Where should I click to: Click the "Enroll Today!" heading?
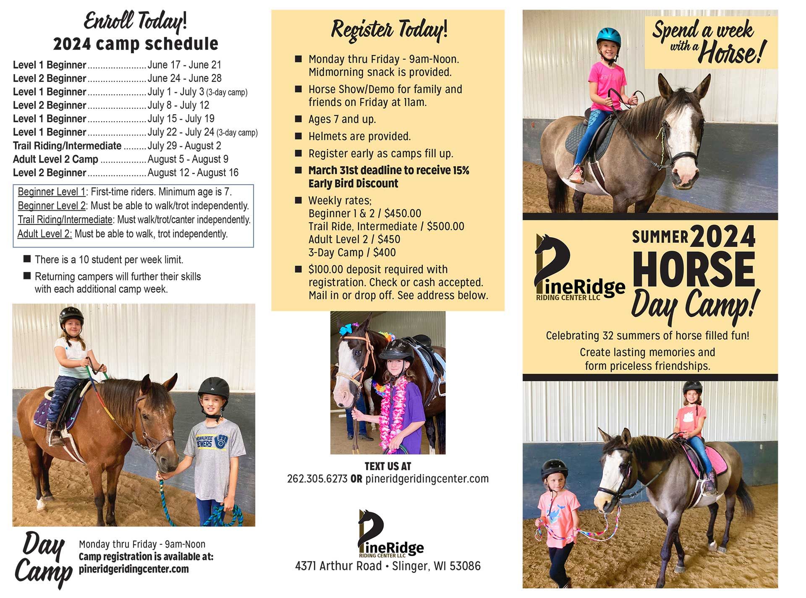[135, 21]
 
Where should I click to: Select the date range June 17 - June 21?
[184, 65]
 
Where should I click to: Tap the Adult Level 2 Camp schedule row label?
[55, 159]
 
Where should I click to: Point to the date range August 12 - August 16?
[193, 173]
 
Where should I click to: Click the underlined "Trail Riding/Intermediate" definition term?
[65, 220]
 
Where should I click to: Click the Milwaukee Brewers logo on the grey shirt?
[221, 441]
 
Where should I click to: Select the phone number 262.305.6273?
[317, 479]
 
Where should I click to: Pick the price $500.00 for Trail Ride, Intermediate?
[445, 227]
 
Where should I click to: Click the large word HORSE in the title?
[693, 269]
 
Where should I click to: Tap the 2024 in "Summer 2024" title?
[722, 237]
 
